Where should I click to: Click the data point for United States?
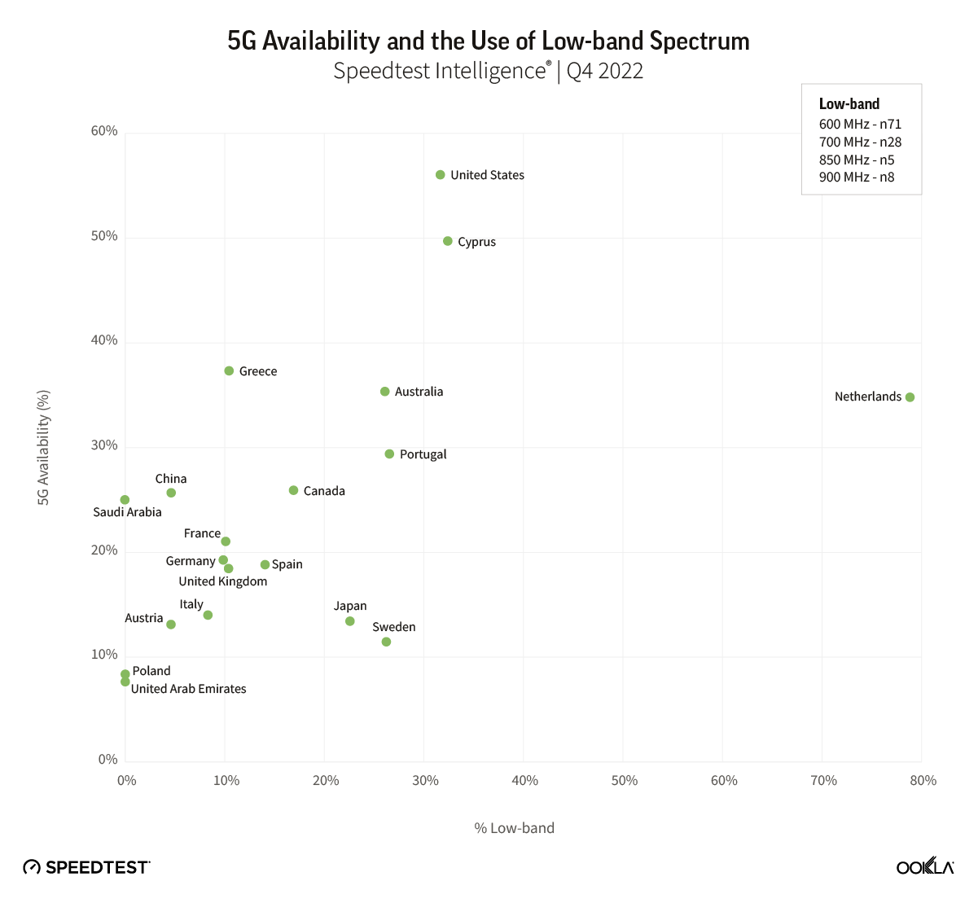pos(441,175)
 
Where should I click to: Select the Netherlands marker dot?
pos(910,397)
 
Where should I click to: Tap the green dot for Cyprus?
pos(448,241)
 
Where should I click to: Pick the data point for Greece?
pos(229,371)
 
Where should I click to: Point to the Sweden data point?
pos(386,642)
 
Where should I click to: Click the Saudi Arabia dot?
pos(125,500)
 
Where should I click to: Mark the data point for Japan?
pos(350,621)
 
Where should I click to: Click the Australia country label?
pos(419,392)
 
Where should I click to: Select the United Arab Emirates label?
pos(188,689)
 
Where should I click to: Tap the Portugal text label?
pos(423,454)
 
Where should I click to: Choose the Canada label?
pos(324,491)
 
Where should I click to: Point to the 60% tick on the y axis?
pos(104,131)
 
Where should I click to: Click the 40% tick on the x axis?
pos(524,781)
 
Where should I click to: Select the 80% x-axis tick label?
pos(923,781)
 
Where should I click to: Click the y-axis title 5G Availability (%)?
pos(44,447)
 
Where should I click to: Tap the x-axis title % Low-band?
pos(514,828)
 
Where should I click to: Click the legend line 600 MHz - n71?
pos(860,125)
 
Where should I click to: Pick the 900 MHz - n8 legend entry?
pos(857,177)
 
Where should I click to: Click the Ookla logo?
pos(925,867)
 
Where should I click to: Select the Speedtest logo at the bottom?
pos(87,867)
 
